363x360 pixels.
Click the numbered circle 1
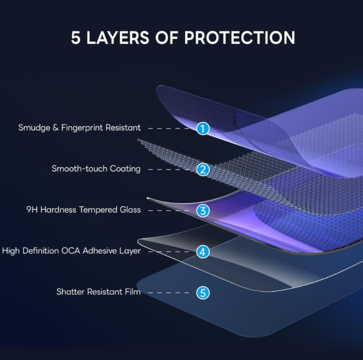[x=203, y=129]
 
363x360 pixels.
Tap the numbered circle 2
[x=203, y=169]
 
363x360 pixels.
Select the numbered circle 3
[x=203, y=211]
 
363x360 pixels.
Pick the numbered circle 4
[x=203, y=252]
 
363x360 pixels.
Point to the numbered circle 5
[x=203, y=293]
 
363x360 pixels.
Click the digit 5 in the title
[x=76, y=37]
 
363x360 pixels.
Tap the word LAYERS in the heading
[x=118, y=37]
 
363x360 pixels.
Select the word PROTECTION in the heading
[x=240, y=37]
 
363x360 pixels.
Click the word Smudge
[x=34, y=128]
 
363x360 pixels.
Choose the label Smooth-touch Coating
[x=96, y=169]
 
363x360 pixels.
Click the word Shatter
[x=71, y=292]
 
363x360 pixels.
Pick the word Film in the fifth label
[x=133, y=292]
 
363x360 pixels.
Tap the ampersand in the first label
[x=56, y=128]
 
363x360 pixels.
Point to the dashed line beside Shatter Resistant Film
[x=168, y=293]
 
